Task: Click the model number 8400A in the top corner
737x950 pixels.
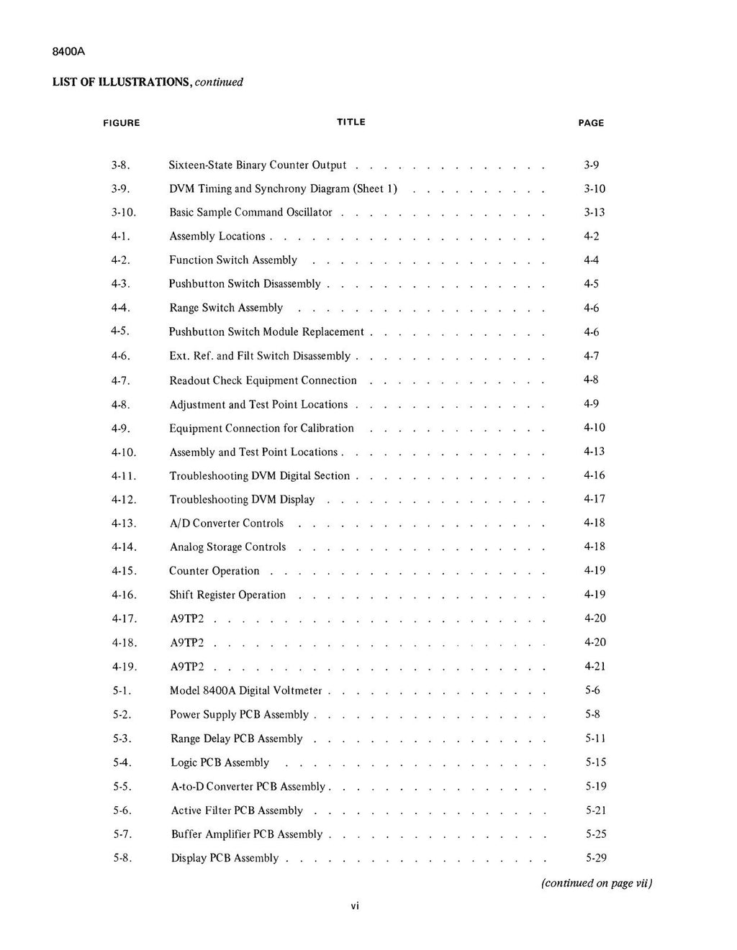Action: [x=69, y=52]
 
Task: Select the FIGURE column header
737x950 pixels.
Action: [x=121, y=123]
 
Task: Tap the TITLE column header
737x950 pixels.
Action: [x=351, y=122]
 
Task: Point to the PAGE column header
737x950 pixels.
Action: [x=591, y=123]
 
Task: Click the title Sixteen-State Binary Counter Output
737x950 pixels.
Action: [x=258, y=165]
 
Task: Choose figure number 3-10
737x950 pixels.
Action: [x=124, y=213]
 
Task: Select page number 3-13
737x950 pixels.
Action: [x=594, y=212]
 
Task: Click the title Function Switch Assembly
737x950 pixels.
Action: [x=233, y=260]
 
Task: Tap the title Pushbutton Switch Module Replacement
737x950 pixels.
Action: [x=266, y=332]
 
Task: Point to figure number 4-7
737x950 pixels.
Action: [x=121, y=380]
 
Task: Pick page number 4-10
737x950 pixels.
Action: [x=594, y=428]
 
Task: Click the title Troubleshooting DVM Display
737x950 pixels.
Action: [x=242, y=500]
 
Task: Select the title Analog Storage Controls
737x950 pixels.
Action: [x=227, y=547]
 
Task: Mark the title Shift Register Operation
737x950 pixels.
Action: [x=227, y=595]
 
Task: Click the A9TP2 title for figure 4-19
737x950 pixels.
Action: [x=187, y=667]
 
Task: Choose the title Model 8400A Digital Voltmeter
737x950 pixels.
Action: [x=245, y=691]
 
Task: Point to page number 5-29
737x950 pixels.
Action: [x=596, y=858]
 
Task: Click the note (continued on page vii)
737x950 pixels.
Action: [x=597, y=883]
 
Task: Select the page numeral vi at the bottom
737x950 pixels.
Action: [x=355, y=906]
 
